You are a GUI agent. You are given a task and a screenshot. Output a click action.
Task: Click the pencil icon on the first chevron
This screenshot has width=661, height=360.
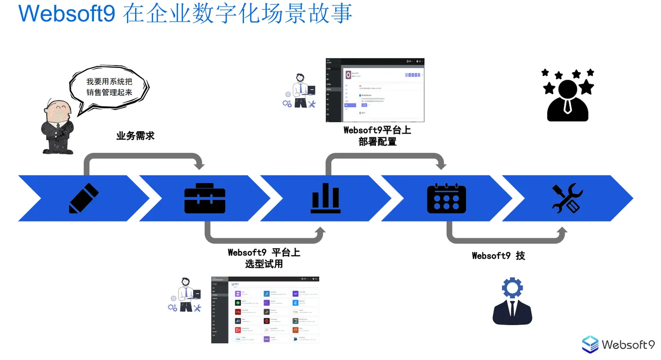(x=84, y=198)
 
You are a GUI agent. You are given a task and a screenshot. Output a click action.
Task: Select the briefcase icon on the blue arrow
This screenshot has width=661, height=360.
(x=204, y=198)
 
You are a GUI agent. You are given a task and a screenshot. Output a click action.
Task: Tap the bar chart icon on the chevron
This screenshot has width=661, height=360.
(x=325, y=198)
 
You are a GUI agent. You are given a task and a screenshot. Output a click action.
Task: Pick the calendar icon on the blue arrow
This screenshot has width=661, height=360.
(x=446, y=198)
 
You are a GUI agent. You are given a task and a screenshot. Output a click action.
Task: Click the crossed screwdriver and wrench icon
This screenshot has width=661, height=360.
(x=567, y=198)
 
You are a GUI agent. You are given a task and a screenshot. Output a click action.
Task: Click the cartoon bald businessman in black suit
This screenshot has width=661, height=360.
(x=57, y=127)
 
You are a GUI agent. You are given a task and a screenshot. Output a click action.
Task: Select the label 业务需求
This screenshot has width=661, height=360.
(x=136, y=136)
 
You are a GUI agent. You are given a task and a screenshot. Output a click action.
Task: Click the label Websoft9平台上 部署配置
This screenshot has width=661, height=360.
(x=377, y=136)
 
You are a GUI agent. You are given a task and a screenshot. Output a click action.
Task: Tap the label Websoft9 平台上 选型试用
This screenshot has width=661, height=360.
(x=264, y=258)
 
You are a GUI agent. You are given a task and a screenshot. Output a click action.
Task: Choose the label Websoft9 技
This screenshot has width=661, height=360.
(x=498, y=256)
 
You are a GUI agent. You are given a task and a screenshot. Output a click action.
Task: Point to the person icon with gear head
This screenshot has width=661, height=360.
(x=512, y=302)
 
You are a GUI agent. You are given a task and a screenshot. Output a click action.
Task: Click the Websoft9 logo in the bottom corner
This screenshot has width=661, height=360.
(x=618, y=344)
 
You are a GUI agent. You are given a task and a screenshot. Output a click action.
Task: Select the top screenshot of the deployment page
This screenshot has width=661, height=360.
(x=375, y=90)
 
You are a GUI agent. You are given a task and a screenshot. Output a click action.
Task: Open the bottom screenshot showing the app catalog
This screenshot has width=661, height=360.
(x=265, y=310)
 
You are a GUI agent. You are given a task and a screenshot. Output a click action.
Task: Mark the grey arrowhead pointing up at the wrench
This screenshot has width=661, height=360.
(x=562, y=231)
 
